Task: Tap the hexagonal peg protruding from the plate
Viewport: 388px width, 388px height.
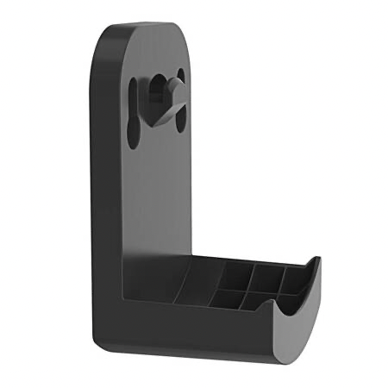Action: click(172, 85)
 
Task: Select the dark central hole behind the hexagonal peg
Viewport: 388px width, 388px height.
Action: click(159, 91)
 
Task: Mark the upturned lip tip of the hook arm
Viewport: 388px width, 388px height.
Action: click(316, 260)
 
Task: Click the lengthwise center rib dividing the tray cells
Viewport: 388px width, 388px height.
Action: click(250, 289)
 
